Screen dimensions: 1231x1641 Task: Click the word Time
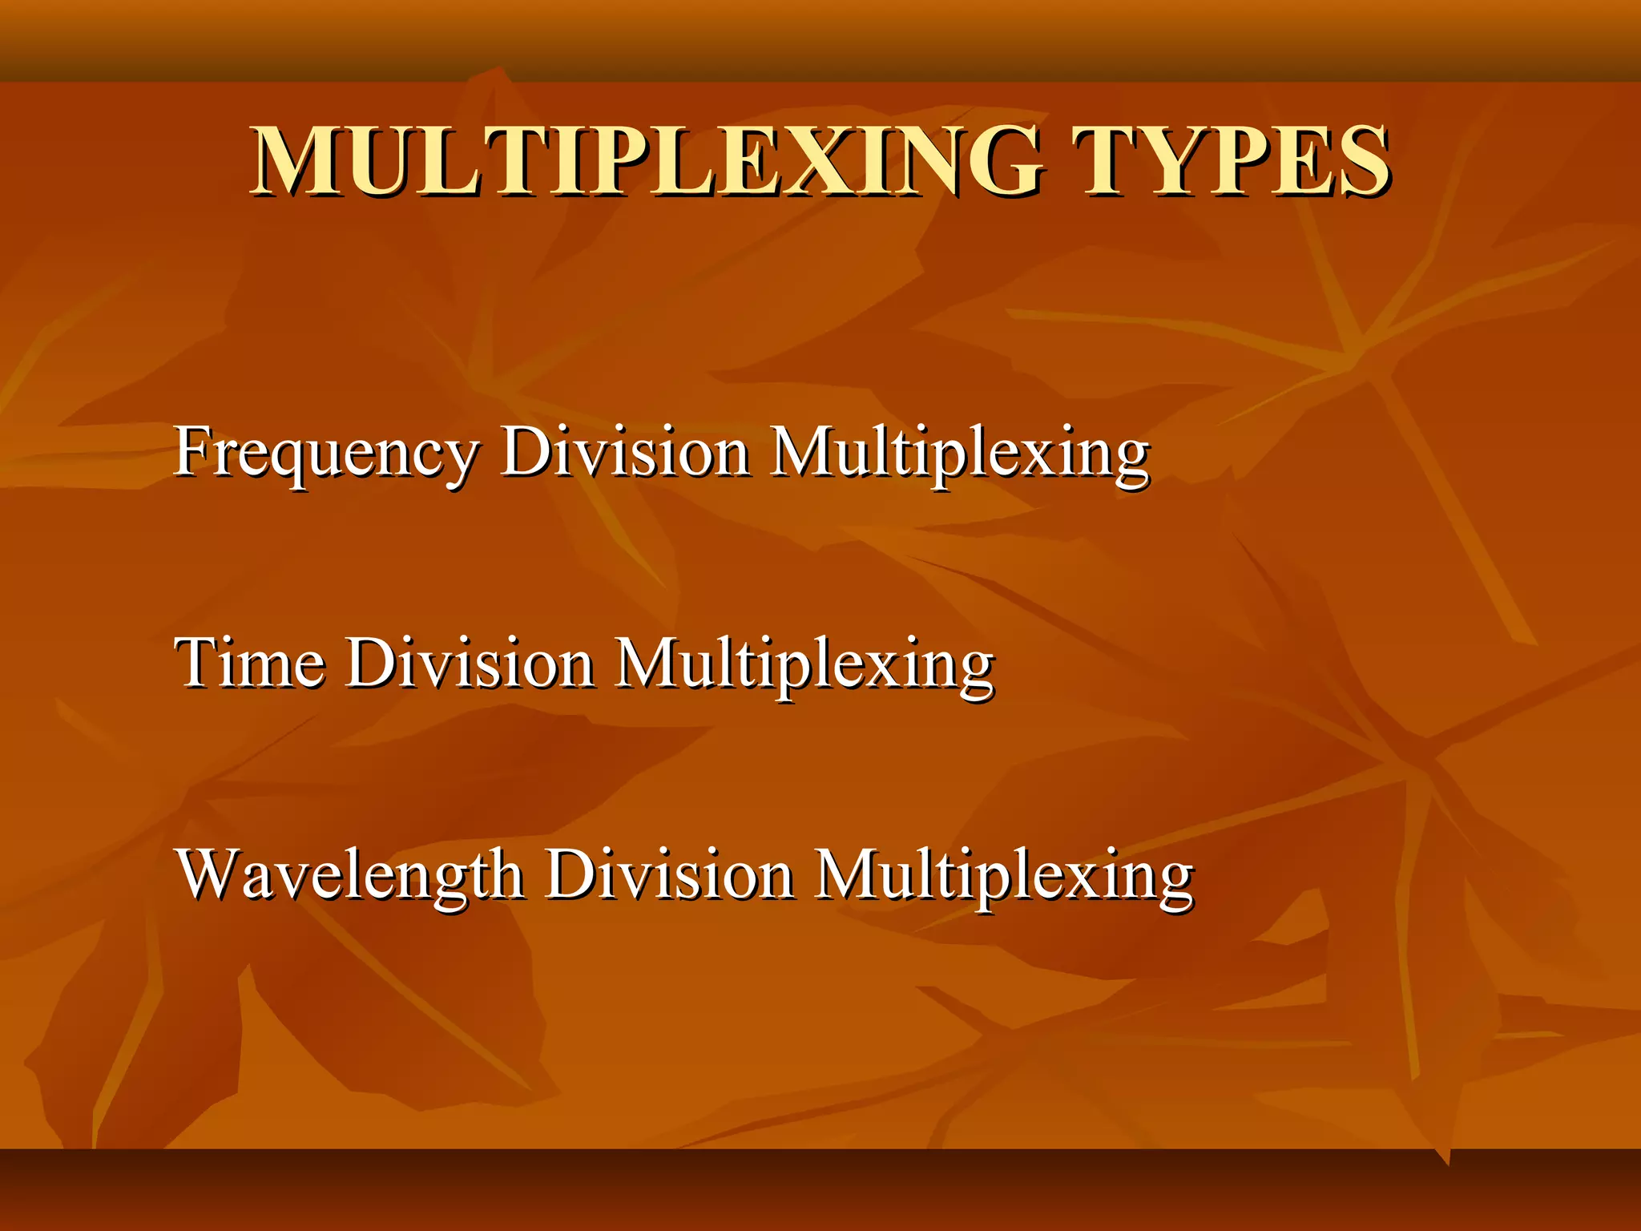[x=250, y=664]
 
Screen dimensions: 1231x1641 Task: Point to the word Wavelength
[x=350, y=875]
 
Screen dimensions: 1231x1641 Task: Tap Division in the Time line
[x=470, y=664]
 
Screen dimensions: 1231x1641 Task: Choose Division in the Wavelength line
[x=670, y=875]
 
